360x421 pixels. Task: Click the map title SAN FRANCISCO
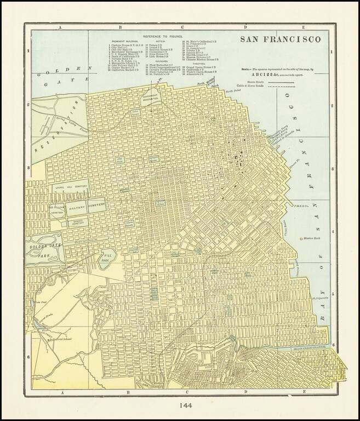click(x=279, y=41)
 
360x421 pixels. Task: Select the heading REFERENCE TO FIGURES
click(x=163, y=35)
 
